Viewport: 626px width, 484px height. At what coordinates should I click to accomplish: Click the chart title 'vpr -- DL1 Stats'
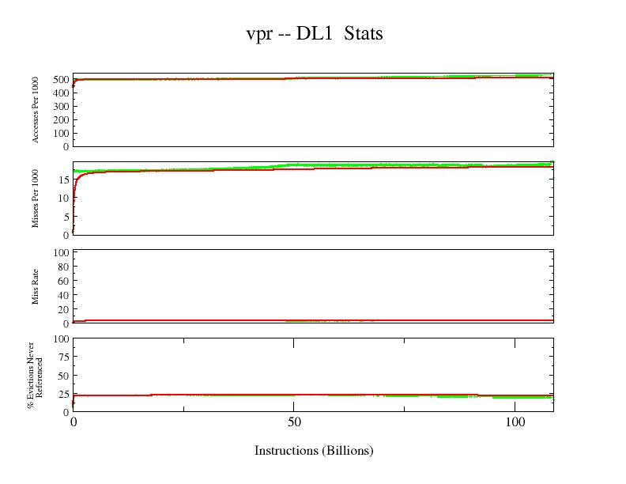pyautogui.click(x=314, y=33)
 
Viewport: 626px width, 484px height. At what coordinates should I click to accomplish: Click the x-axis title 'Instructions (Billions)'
pyautogui.click(x=314, y=451)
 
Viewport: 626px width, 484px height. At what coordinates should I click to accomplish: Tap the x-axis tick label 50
pyautogui.click(x=293, y=422)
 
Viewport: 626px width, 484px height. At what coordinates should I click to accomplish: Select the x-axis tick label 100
pyautogui.click(x=515, y=422)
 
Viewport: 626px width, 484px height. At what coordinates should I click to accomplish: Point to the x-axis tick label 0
pyautogui.click(x=74, y=422)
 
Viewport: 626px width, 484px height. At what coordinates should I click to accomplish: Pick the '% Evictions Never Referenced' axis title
pyautogui.click(x=35, y=375)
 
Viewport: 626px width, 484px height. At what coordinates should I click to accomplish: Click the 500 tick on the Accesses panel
pyautogui.click(x=60, y=79)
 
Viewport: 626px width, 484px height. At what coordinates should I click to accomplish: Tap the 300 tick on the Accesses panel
pyautogui.click(x=60, y=106)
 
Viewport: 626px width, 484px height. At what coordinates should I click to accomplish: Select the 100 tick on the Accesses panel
pyautogui.click(x=60, y=133)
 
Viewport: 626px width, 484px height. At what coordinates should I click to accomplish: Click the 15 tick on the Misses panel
pyautogui.click(x=63, y=180)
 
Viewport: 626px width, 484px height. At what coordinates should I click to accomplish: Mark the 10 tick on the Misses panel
pyautogui.click(x=63, y=198)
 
